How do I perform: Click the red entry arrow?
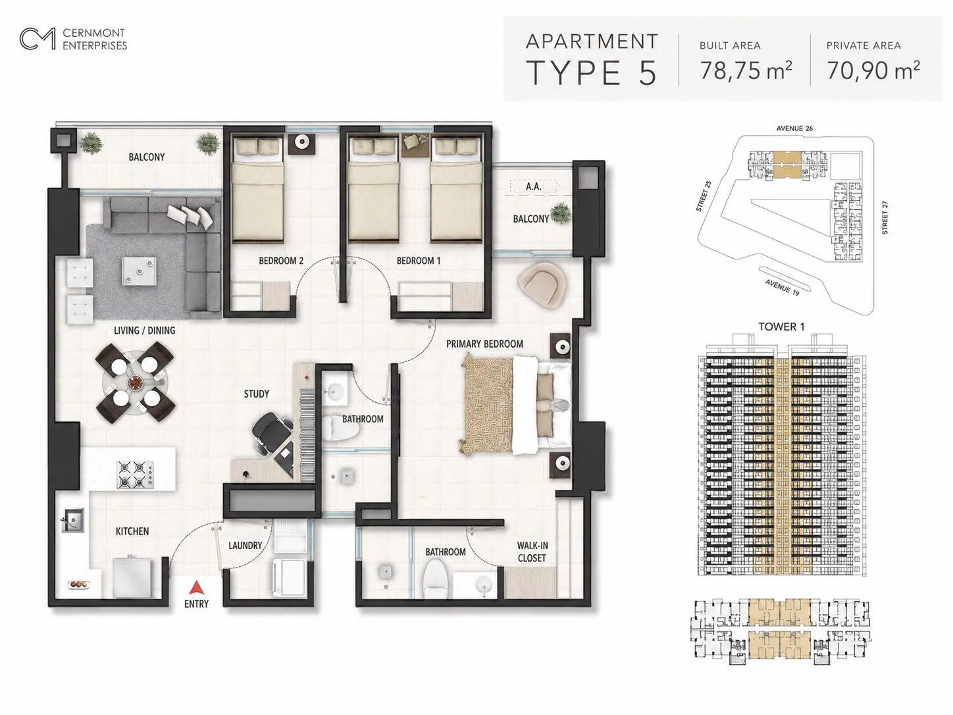197,588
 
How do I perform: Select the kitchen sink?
72,520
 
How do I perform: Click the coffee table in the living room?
139,271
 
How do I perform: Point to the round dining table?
135,383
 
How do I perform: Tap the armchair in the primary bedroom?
542,286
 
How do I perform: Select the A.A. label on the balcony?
534,186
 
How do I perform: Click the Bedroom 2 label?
281,261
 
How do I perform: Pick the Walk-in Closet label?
532,552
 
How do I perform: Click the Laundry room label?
245,546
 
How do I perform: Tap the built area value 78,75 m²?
746,70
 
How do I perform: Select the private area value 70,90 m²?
873,70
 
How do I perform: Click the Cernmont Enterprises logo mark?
38,39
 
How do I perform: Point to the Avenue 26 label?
794,128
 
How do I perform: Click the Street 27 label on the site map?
885,217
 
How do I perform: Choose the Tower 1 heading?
781,327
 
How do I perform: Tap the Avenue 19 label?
782,288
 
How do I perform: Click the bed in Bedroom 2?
258,189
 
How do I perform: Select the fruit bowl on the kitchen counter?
78,584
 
